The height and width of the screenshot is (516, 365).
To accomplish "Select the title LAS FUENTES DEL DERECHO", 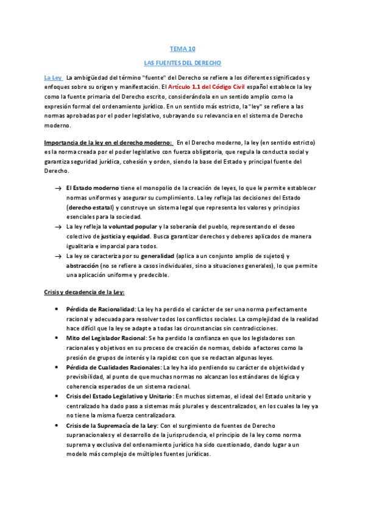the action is click(182, 63).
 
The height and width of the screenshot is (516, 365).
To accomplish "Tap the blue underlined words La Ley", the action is click(52, 78).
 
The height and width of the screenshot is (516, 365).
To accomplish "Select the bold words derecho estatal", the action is click(91, 207).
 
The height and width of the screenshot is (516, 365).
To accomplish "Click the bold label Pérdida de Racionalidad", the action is click(100, 309).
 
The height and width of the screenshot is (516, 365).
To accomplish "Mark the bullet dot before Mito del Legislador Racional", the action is click(57, 338).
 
